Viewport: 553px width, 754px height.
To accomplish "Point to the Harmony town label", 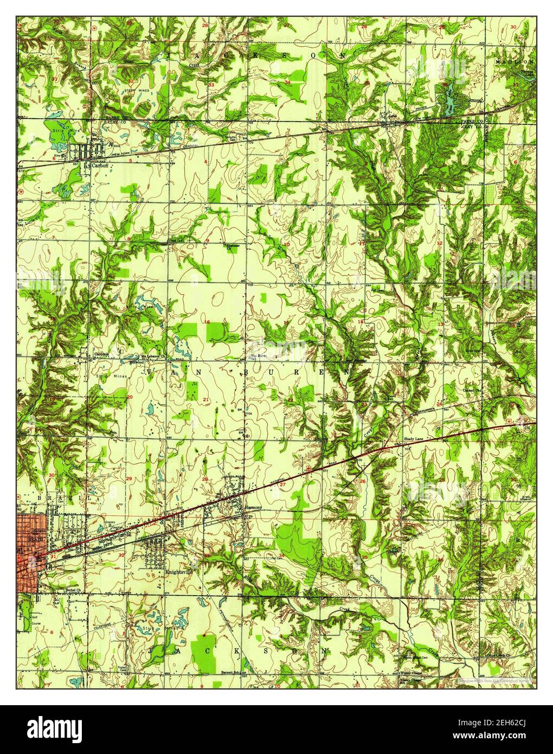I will click(x=253, y=508).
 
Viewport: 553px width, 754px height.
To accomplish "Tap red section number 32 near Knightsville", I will click(x=121, y=555).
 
